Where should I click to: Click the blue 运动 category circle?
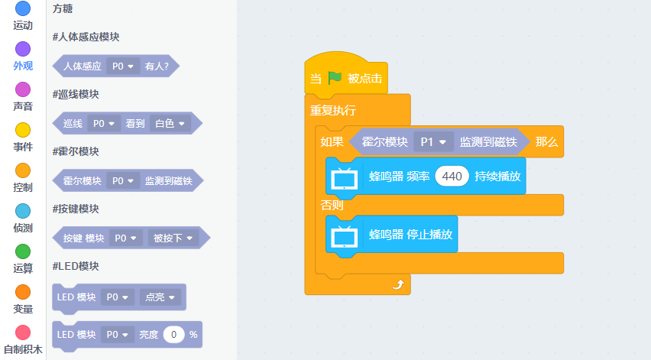click(x=23, y=9)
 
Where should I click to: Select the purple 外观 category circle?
click(x=23, y=50)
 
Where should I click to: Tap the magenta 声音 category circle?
click(x=23, y=90)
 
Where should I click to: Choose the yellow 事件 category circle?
click(x=23, y=131)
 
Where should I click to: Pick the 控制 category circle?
click(x=23, y=171)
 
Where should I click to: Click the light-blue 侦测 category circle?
click(x=23, y=212)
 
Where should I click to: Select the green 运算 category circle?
click(x=23, y=252)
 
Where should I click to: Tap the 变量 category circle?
click(x=23, y=293)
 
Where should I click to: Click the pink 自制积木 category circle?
click(x=23, y=333)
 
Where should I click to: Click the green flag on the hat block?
click(x=335, y=78)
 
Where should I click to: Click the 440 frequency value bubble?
click(x=452, y=177)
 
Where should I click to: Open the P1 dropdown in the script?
click(x=433, y=142)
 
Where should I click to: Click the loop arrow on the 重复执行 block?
click(x=397, y=284)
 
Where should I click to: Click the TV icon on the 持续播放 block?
click(x=345, y=177)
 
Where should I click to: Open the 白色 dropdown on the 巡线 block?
click(x=170, y=124)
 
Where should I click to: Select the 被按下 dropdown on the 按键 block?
click(x=173, y=238)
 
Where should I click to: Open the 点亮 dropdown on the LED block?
click(x=161, y=297)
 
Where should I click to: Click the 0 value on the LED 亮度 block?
click(x=174, y=335)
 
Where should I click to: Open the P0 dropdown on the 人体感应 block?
click(x=123, y=66)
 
